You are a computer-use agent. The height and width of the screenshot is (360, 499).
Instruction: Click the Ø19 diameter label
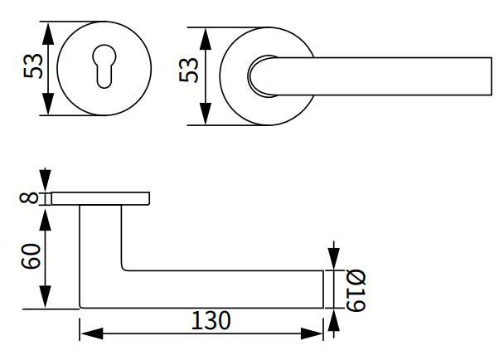pos(355,289)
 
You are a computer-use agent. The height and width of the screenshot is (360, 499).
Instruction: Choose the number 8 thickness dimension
pos(30,198)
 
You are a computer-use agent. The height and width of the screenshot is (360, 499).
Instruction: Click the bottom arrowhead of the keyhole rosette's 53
pos(49,106)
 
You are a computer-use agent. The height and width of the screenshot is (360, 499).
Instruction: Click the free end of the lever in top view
pos(481,76)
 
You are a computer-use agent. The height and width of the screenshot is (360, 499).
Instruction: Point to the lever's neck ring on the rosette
pos(259,75)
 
